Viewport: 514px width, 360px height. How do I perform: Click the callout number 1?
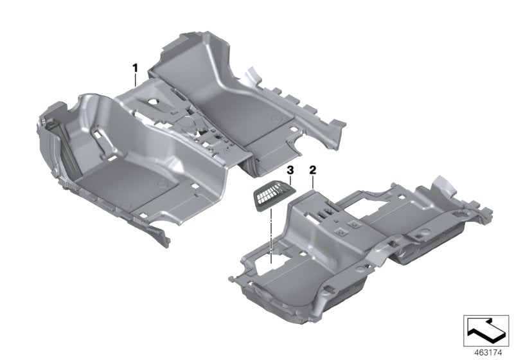[x=135, y=67]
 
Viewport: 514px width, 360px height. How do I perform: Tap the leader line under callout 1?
[x=135, y=80]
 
